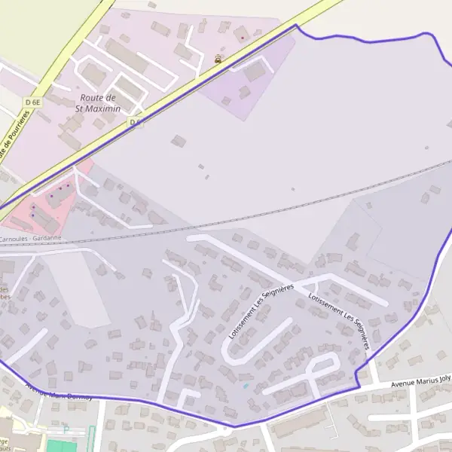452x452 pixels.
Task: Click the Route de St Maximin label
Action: coord(98,103)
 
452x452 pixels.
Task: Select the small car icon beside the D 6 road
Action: coord(218,59)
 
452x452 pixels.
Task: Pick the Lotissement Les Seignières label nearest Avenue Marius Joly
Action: coord(340,321)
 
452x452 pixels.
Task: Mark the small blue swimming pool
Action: coord(245,386)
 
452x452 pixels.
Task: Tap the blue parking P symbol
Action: coord(66,430)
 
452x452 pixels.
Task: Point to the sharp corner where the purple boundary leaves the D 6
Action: coord(295,26)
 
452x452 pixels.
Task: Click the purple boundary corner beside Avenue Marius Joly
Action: coord(359,387)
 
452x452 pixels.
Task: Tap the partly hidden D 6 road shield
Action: coord(136,121)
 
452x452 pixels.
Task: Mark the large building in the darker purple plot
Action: coord(254,71)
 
